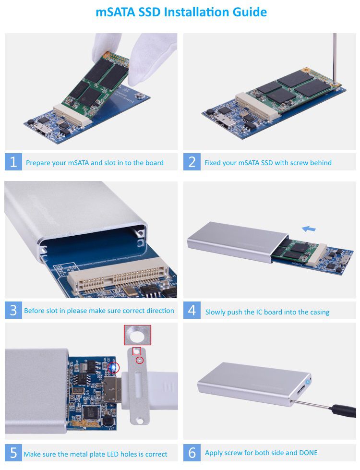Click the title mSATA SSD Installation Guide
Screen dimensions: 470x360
coord(181,12)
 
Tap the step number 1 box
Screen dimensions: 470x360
coord(13,162)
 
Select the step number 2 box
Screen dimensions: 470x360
coord(192,162)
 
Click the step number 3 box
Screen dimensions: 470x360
coord(13,310)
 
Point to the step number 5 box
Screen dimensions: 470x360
coord(13,453)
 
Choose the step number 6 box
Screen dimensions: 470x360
coord(192,453)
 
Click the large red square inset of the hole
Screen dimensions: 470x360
coord(138,335)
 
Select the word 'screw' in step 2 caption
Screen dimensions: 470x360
coord(285,163)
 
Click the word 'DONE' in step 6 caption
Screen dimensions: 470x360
coord(307,453)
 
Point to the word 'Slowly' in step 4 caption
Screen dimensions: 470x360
coord(216,312)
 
